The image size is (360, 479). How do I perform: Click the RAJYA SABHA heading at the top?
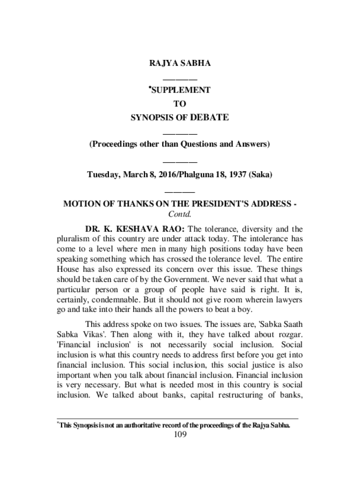click(180, 63)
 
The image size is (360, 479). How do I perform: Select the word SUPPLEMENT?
click(181, 90)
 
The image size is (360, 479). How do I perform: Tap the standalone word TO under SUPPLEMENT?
click(180, 103)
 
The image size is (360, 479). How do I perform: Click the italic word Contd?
click(180, 214)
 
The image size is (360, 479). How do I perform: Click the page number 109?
click(180, 435)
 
